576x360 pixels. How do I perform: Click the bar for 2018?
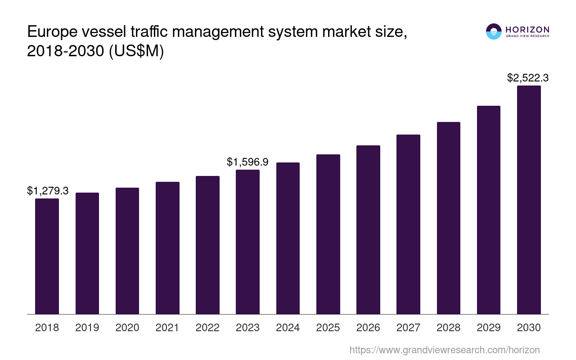point(47,256)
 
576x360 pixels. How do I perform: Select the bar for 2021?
point(167,248)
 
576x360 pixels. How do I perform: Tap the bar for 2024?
point(288,238)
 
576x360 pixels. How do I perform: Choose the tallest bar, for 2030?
point(529,200)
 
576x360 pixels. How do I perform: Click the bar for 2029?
point(489,210)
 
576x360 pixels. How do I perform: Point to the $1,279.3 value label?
point(48,191)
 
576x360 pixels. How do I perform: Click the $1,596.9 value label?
point(247,162)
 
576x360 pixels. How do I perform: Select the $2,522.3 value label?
point(528,78)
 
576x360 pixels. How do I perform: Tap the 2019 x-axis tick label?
point(87,328)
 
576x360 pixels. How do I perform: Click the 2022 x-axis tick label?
point(207,328)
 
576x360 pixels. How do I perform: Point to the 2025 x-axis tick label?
point(328,328)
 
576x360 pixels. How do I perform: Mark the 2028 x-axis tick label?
point(449,328)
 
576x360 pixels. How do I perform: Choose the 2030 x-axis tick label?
point(529,328)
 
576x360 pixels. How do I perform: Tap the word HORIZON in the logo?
point(527,30)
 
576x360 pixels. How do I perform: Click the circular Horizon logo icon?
point(494,31)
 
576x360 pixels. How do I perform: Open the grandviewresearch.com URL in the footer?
point(445,350)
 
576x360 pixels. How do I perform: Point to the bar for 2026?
point(368,229)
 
